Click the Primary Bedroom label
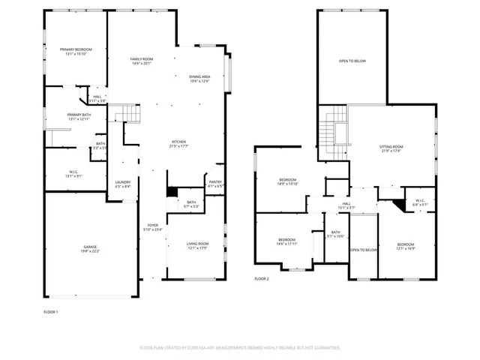[76, 51]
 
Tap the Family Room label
[142, 61]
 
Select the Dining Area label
[199, 79]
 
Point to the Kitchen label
[178, 143]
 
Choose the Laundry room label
[123, 184]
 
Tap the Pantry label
[214, 183]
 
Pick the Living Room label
[198, 246]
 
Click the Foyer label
[153, 226]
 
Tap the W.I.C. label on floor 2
[418, 202]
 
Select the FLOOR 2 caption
[262, 278]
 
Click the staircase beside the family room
[127, 114]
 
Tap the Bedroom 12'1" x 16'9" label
[406, 246]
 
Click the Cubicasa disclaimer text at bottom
[240, 348]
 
